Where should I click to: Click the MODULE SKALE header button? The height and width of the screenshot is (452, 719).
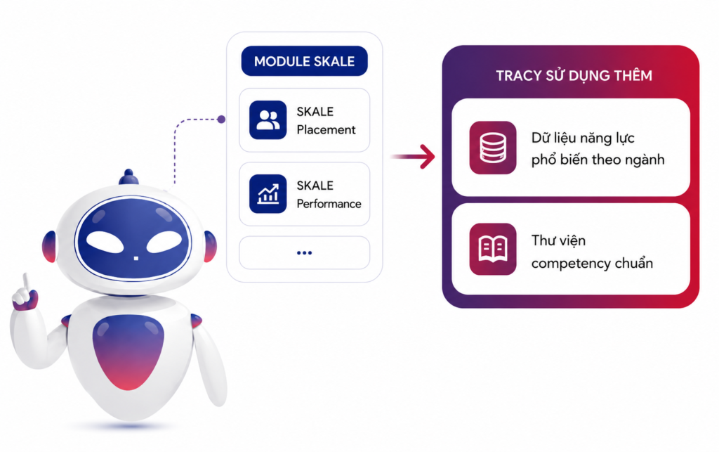pyautogui.click(x=305, y=61)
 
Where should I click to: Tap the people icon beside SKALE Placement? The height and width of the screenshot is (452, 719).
pyautogui.click(x=268, y=120)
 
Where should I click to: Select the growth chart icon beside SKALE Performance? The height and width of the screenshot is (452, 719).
pyautogui.click(x=268, y=193)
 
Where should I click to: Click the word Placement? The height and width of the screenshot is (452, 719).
pyautogui.click(x=326, y=130)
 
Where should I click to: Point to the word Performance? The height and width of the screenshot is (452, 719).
pyautogui.click(x=329, y=204)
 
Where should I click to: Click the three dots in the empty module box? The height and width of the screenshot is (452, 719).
pyautogui.click(x=305, y=253)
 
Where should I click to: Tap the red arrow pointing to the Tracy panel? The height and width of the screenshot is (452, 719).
pyautogui.click(x=413, y=157)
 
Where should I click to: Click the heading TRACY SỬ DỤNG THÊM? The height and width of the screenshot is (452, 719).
pyautogui.click(x=574, y=76)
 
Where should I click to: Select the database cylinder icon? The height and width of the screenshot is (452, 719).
pyautogui.click(x=493, y=148)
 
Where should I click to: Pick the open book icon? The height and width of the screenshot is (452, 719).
pyautogui.click(x=493, y=249)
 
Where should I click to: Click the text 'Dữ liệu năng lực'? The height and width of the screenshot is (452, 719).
pyautogui.click(x=583, y=138)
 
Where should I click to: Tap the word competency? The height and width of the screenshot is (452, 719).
pyautogui.click(x=567, y=264)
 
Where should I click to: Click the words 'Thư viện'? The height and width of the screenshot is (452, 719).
pyautogui.click(x=558, y=240)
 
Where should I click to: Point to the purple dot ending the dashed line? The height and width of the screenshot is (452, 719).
pyautogui.click(x=221, y=120)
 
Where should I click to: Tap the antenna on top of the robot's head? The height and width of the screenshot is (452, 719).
pyautogui.click(x=128, y=177)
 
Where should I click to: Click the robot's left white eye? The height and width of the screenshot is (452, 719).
pyautogui.click(x=105, y=243)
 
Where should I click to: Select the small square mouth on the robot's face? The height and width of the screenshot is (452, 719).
pyautogui.click(x=136, y=259)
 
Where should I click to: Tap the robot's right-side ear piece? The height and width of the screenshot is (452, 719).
pyautogui.click(x=210, y=247)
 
